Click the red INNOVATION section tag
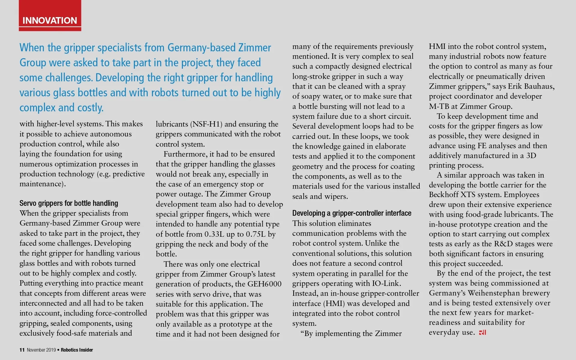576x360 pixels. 50,20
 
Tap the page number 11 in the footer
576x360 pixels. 22,350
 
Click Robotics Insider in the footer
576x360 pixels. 77,350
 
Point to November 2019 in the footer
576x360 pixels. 41,350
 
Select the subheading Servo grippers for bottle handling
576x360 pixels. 69,203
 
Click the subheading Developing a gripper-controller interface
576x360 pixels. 352,213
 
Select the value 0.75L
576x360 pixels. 256,234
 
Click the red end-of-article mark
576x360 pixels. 482,332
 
